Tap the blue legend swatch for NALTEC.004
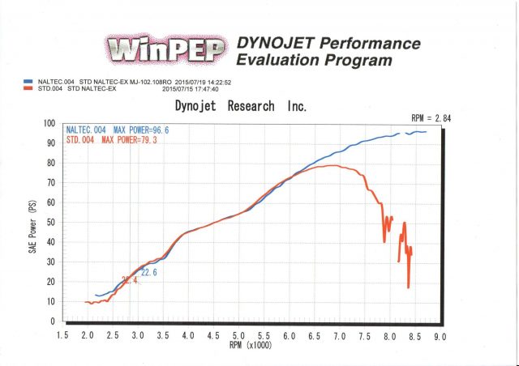point(27,82)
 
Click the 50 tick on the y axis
point(49,223)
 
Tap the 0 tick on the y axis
point(52,321)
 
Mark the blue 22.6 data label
point(148,273)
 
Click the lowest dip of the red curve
point(408,287)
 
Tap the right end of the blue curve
point(426,132)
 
